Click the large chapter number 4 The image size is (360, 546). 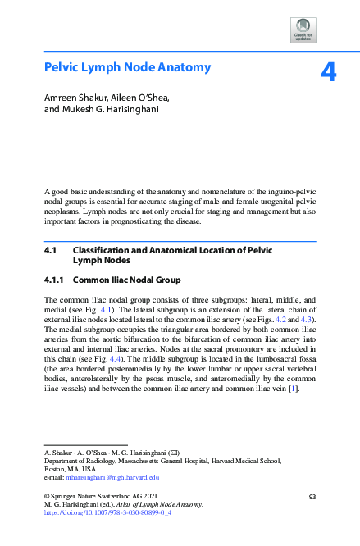[327, 73]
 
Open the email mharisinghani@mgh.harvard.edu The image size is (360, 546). [112, 477]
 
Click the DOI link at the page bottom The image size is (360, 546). [106, 513]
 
